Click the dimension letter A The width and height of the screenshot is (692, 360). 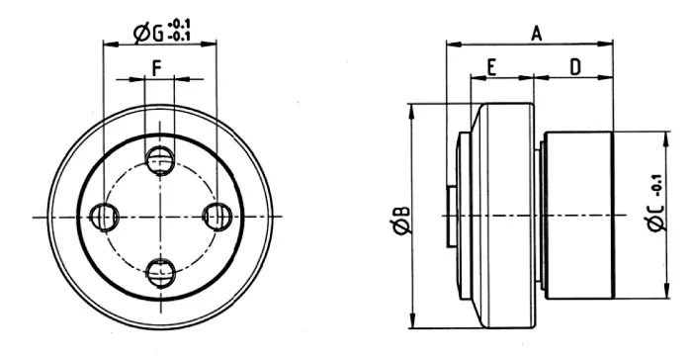536,33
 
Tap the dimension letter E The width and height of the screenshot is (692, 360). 492,68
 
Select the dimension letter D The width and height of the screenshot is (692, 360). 575,67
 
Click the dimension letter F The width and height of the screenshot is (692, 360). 156,69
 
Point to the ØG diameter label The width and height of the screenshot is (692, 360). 148,34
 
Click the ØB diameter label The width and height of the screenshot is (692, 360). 402,220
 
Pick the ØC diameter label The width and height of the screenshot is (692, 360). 656,218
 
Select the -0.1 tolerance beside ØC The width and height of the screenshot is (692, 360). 656,186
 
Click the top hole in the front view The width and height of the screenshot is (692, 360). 160,161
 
